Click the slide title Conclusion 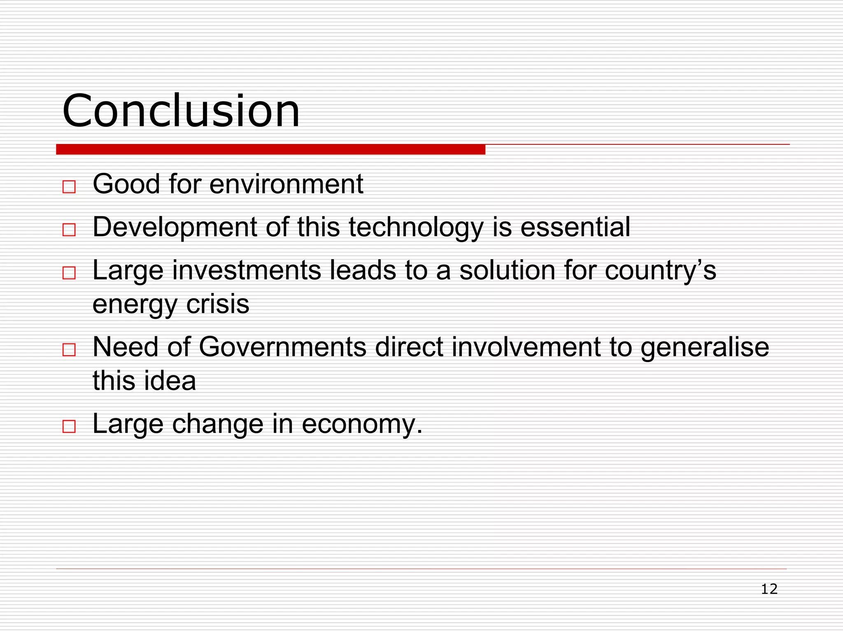click(x=181, y=111)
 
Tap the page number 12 click(x=769, y=589)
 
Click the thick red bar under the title click(x=270, y=149)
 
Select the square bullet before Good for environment click(x=69, y=187)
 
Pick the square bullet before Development click(x=69, y=230)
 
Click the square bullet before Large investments click(x=69, y=273)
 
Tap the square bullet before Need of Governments click(x=69, y=350)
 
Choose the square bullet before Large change click(x=69, y=426)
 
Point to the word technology click(x=416, y=228)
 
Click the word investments click(x=247, y=270)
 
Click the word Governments click(x=282, y=347)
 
